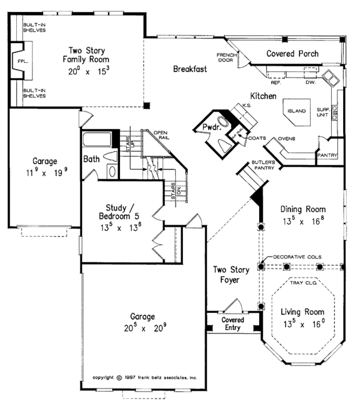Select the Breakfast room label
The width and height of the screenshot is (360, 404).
tap(190, 69)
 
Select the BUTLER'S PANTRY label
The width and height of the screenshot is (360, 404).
tap(263, 165)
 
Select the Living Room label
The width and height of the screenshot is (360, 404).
tap(303, 312)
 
